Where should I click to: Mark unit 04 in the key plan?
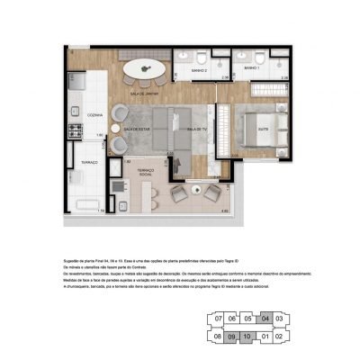pyautogui.click(x=264, y=318)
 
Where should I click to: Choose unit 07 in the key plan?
pyautogui.click(x=215, y=318)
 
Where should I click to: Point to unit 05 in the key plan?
pyautogui.click(x=247, y=318)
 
